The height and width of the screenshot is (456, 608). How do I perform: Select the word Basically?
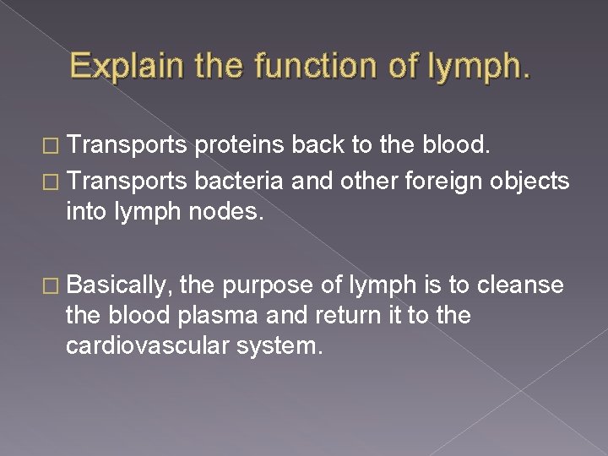point(117,285)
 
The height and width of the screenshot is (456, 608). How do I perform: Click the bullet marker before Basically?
point(51,286)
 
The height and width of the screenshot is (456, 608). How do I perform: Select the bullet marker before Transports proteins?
point(51,145)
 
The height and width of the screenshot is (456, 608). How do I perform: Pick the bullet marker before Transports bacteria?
point(51,181)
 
